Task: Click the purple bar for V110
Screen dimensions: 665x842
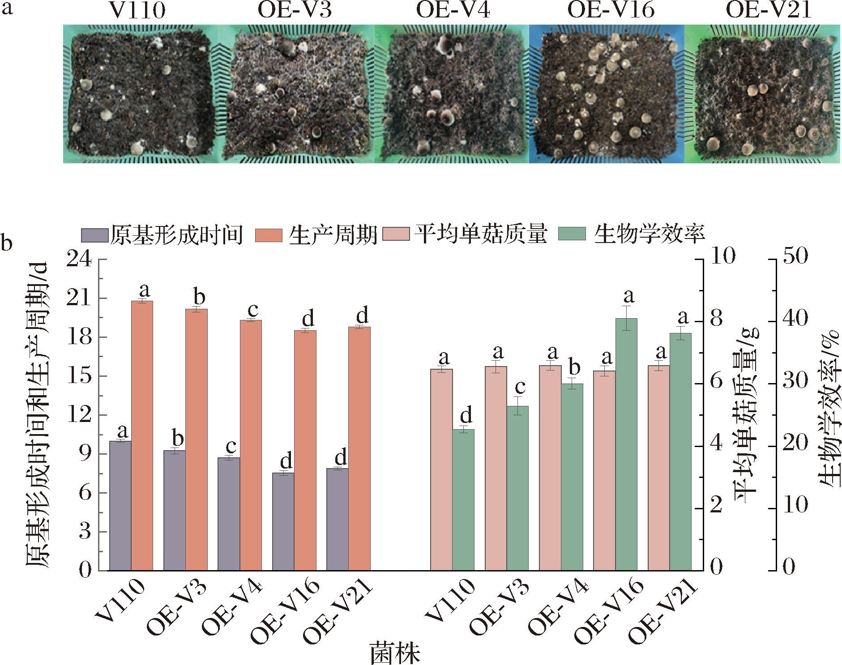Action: pyautogui.click(x=120, y=506)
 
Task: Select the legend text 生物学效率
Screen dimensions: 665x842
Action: pyautogui.click(x=650, y=234)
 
